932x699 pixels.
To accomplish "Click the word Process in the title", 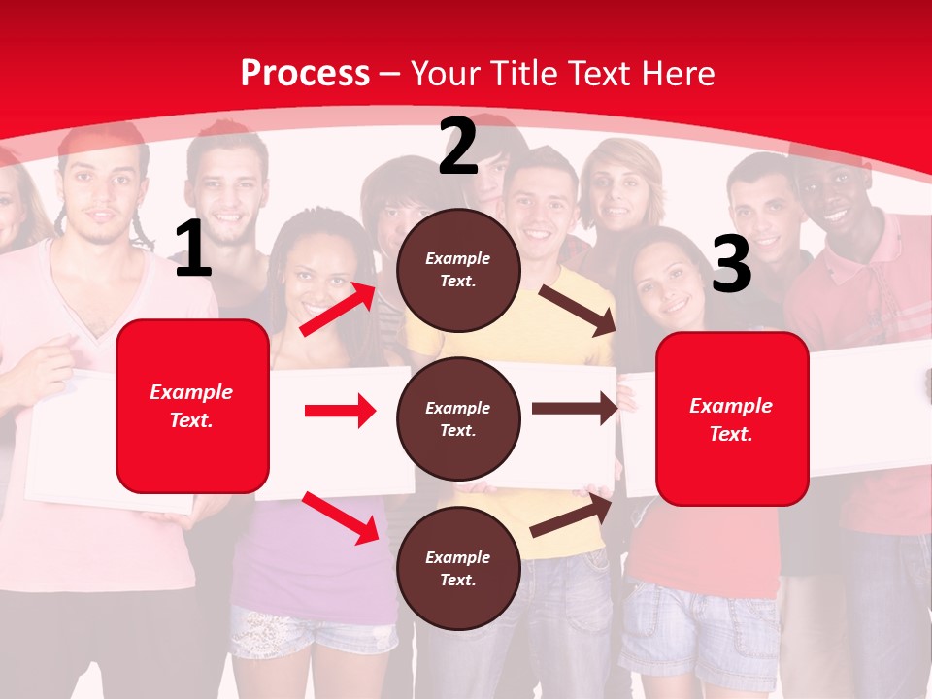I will [x=305, y=73].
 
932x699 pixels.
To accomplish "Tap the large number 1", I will [x=193, y=250].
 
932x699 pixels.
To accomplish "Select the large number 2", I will [x=458, y=147].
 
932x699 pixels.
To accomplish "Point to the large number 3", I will [x=731, y=264].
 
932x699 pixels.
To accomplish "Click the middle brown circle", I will [x=458, y=418].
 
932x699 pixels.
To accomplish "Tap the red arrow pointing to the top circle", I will [x=338, y=309].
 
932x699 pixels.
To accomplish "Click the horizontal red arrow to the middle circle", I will [x=339, y=411].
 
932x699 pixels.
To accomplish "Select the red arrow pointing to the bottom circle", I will [x=340, y=517].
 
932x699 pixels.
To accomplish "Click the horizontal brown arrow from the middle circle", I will [x=574, y=409].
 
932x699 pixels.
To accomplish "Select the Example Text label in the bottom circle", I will [x=458, y=569].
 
